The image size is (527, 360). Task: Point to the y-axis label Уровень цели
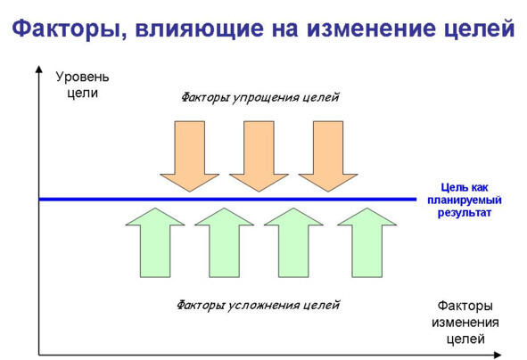pos(82,85)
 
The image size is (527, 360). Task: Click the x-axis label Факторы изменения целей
pos(465,322)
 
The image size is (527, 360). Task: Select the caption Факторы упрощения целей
pos(259,98)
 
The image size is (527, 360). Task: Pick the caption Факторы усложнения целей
pos(258,306)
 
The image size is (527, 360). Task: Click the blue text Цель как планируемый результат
pos(465,200)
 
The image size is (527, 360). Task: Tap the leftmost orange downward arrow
pos(190,156)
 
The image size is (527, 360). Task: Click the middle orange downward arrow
pos(259,156)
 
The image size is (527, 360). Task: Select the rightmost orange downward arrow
pos(328,156)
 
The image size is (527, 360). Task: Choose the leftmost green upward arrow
pos(155,242)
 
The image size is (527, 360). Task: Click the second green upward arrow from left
pos(224,242)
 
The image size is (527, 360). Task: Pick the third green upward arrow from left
pos(293,242)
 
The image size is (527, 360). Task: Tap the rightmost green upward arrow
pos(366,242)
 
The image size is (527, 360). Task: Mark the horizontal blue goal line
pos(227,200)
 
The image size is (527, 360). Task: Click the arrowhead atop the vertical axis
pos(39,69)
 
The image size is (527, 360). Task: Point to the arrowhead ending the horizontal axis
pos(498,355)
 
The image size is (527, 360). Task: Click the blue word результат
pos(465,213)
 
